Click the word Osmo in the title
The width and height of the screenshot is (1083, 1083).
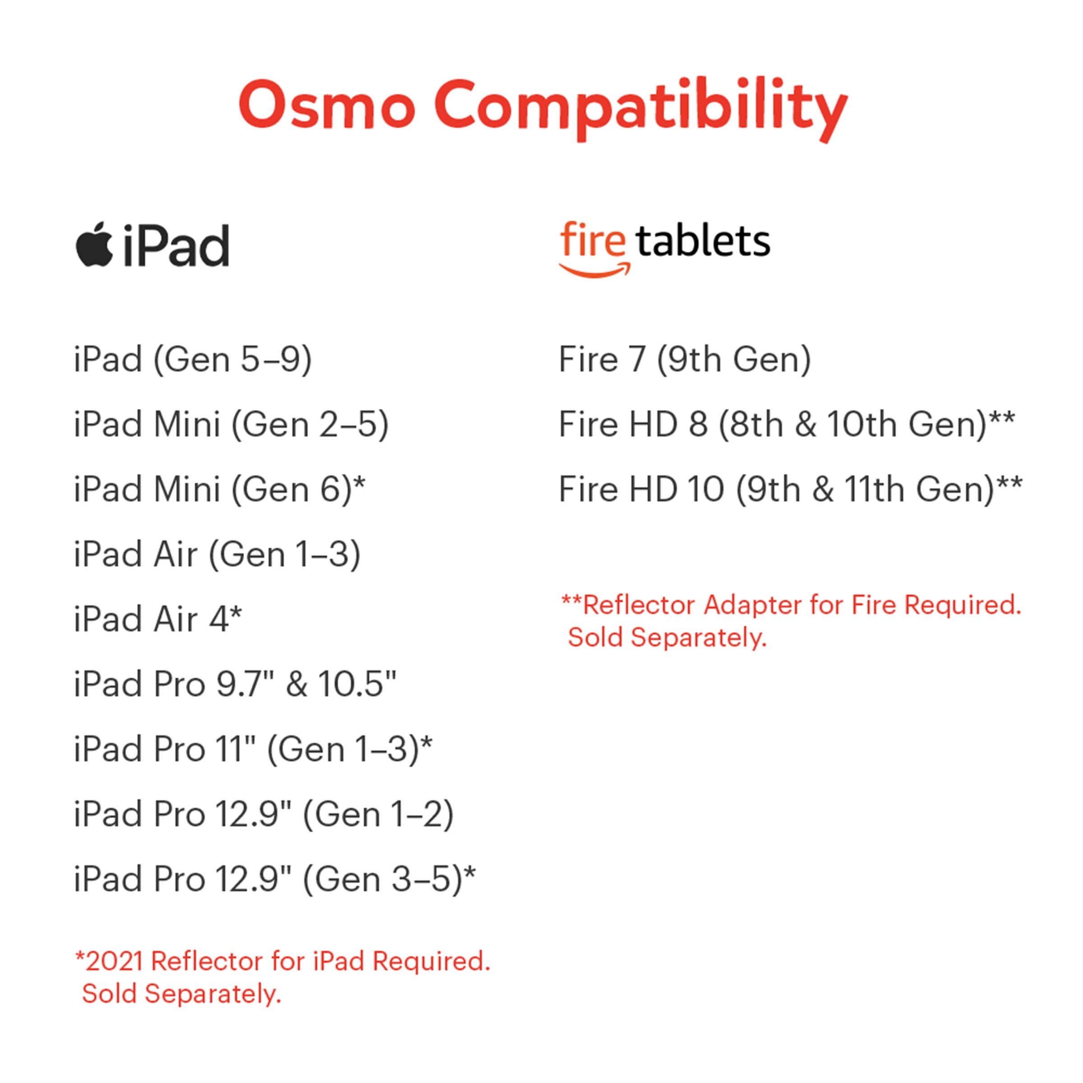coord(327,104)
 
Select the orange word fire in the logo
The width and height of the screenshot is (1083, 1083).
coord(592,239)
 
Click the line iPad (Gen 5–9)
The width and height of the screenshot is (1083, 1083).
coord(193,359)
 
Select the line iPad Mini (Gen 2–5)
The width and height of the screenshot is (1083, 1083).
coord(231,424)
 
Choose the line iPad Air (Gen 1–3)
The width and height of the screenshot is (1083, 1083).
coord(218,555)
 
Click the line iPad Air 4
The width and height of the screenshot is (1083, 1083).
coord(158,620)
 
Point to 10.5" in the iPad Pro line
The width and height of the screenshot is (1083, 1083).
coord(357,684)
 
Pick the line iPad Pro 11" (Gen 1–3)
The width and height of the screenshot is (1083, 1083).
coord(253,750)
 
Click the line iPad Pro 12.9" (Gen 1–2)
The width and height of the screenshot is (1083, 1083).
coord(264,815)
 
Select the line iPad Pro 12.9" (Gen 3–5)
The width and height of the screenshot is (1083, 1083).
coord(275,879)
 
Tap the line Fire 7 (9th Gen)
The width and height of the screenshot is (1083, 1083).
coord(685,359)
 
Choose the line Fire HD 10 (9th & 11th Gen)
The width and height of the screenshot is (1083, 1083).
coord(791,489)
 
